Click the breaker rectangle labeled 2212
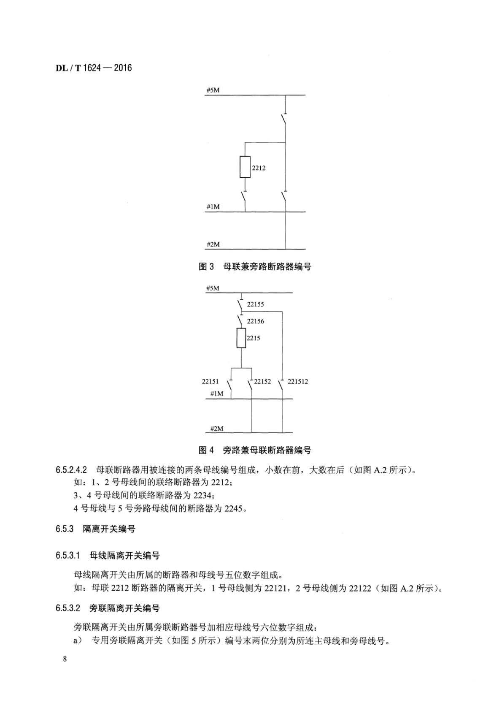pos(245,167)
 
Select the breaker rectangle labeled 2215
pos(241,338)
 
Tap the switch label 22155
pos(255,304)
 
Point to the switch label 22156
pos(255,321)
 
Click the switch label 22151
pos(210,381)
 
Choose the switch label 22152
pos(262,381)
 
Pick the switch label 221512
pos(298,381)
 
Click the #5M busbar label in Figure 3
pos(213,90)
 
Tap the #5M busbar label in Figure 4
pos(213,288)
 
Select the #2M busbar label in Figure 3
pos(213,244)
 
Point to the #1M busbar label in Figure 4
pos(216,393)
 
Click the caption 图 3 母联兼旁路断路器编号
pos(255,266)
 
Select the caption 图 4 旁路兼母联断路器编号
pos(255,450)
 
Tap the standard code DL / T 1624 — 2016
pos(94,68)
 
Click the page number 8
pos(65,659)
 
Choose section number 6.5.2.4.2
pos(71,470)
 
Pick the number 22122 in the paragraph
pos(359,588)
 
